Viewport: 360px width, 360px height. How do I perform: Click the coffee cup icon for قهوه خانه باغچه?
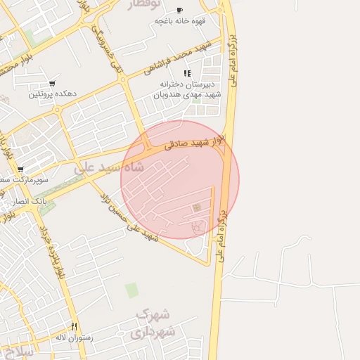pyautogui.click(x=179, y=11)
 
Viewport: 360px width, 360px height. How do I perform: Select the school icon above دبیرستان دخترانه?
pyautogui.click(x=186, y=73)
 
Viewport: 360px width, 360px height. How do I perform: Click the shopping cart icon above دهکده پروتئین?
pyautogui.click(x=52, y=84)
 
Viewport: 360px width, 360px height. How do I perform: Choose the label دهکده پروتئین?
pyautogui.click(x=52, y=94)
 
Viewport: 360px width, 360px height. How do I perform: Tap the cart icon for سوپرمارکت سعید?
pyautogui.click(x=20, y=169)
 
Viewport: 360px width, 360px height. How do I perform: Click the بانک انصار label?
pyautogui.click(x=30, y=200)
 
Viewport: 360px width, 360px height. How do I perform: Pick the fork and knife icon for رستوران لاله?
pyautogui.click(x=74, y=326)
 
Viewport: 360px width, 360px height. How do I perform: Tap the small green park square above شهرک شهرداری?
pyautogui.click(x=132, y=290)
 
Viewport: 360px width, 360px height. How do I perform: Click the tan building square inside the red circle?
pyautogui.click(x=197, y=207)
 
